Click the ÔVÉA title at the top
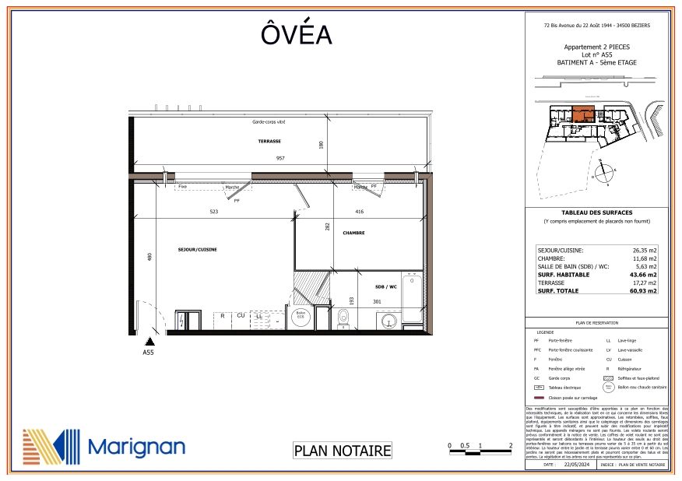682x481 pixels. (x=296, y=35)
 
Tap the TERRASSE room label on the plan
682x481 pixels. (x=269, y=141)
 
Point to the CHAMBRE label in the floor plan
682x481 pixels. (x=353, y=233)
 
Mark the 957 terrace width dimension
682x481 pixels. (x=280, y=158)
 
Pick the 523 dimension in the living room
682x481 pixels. (x=213, y=212)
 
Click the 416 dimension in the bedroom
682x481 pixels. (x=359, y=212)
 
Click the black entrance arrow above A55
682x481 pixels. (x=149, y=340)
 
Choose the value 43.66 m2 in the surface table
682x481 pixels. (x=643, y=275)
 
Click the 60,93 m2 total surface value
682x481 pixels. (x=643, y=291)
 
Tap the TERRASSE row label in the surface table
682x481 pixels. (x=551, y=283)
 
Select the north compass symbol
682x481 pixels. (x=602, y=170)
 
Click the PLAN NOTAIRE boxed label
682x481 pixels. (x=341, y=450)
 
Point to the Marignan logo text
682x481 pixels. (x=136, y=446)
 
